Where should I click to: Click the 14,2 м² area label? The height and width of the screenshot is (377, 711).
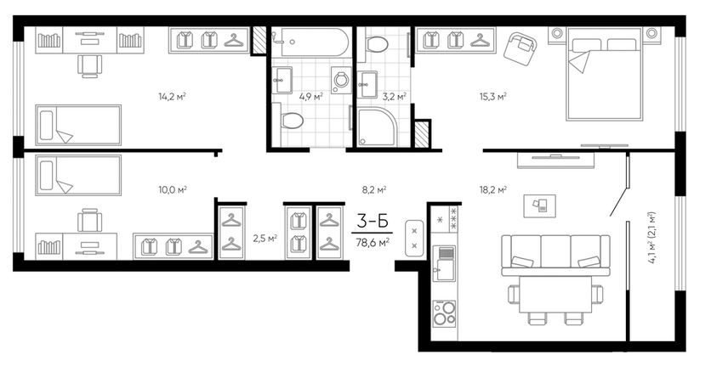click(172, 97)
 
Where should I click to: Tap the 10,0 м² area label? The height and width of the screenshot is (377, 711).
click(173, 189)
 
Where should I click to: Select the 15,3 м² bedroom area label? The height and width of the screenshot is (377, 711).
click(493, 97)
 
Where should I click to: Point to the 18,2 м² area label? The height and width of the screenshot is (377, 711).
click(493, 189)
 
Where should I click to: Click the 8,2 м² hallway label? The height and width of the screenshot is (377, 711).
click(373, 189)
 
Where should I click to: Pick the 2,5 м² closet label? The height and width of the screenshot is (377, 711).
click(264, 238)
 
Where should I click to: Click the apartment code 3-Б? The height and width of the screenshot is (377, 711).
click(373, 222)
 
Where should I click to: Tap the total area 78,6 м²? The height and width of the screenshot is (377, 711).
click(373, 243)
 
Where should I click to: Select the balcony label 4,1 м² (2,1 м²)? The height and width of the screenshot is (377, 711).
click(651, 238)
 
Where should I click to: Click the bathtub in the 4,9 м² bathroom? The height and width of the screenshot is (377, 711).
click(310, 42)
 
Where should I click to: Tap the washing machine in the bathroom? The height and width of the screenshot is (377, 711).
click(341, 81)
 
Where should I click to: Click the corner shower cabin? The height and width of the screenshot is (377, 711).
click(378, 127)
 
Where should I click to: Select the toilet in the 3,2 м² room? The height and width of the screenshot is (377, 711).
click(377, 44)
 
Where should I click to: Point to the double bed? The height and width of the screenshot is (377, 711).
click(604, 75)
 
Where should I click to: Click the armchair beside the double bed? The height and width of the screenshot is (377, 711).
click(520, 48)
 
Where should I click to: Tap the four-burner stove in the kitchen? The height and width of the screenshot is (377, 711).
click(444, 313)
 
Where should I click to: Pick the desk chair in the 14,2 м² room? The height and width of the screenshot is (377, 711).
click(90, 66)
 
